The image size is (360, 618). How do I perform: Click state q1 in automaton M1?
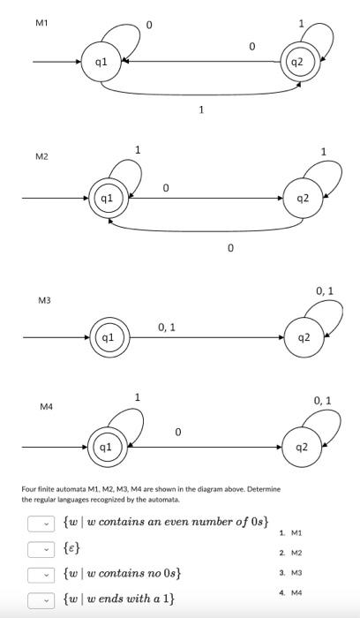click(101, 62)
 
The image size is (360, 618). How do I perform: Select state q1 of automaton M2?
click(106, 198)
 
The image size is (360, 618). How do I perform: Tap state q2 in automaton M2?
click(303, 198)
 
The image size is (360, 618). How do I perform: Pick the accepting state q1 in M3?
click(108, 337)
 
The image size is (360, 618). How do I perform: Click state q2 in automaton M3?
click(303, 337)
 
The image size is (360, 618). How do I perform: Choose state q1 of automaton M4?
click(106, 448)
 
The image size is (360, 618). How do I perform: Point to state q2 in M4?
click(303, 448)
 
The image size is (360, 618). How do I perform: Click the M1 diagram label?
click(41, 22)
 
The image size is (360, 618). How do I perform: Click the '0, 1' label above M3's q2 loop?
click(324, 291)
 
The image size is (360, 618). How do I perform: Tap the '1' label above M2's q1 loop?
click(137, 150)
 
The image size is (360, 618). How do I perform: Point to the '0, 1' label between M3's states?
click(166, 328)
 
